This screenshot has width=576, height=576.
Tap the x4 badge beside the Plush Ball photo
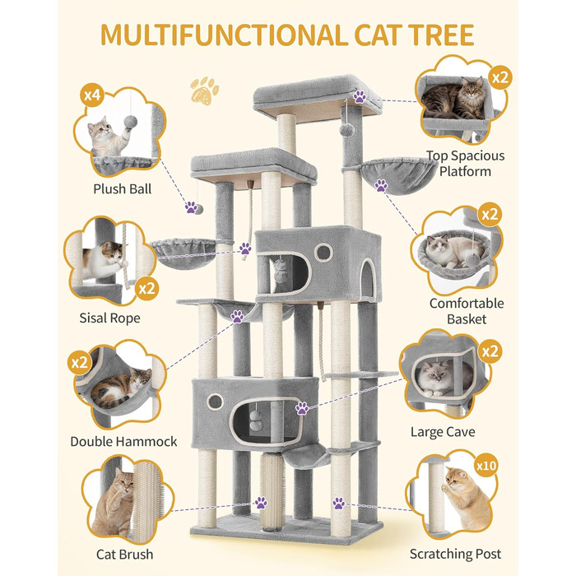pos(92,95)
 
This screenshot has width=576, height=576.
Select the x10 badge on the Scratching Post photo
pos(486,466)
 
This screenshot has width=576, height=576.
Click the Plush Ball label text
pos(123,188)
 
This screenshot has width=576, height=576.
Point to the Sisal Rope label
pos(109,318)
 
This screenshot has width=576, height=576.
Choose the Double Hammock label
pos(123,441)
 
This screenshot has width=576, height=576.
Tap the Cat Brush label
pos(124,554)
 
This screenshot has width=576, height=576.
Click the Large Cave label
pos(443,432)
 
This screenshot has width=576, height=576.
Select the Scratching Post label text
pos(455,554)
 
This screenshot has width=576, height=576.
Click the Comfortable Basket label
pos(467,311)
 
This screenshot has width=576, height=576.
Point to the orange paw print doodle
pos(204,91)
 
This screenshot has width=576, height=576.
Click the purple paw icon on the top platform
pos(360,96)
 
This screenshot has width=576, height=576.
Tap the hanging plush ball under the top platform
pos(346,130)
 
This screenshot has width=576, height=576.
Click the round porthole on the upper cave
pos(323,253)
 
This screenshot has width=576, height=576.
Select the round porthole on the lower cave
pos(215,402)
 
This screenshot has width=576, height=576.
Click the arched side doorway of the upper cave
pos(368,278)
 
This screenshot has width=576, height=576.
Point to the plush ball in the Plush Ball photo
pos(130,122)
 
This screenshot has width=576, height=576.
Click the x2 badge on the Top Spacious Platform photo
pos(500,78)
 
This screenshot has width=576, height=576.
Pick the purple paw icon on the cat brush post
pos(261,503)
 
